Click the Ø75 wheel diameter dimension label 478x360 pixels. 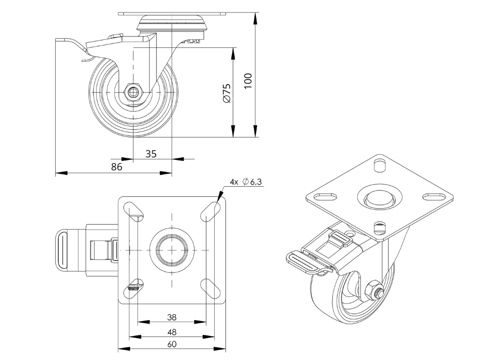pos(227,93)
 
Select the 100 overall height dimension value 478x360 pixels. pos(248,81)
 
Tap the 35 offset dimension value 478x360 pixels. pos(151,154)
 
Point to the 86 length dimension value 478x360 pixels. pos(116,167)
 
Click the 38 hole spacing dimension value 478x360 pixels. pos(172,317)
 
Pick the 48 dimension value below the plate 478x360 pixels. pos(172,331)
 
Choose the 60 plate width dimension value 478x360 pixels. pos(172,344)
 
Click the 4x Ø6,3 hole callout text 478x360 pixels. pos(246,182)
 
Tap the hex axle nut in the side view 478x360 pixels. pos(133,92)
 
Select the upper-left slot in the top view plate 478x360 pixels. pos(133,210)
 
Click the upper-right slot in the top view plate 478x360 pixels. pos(210,210)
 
